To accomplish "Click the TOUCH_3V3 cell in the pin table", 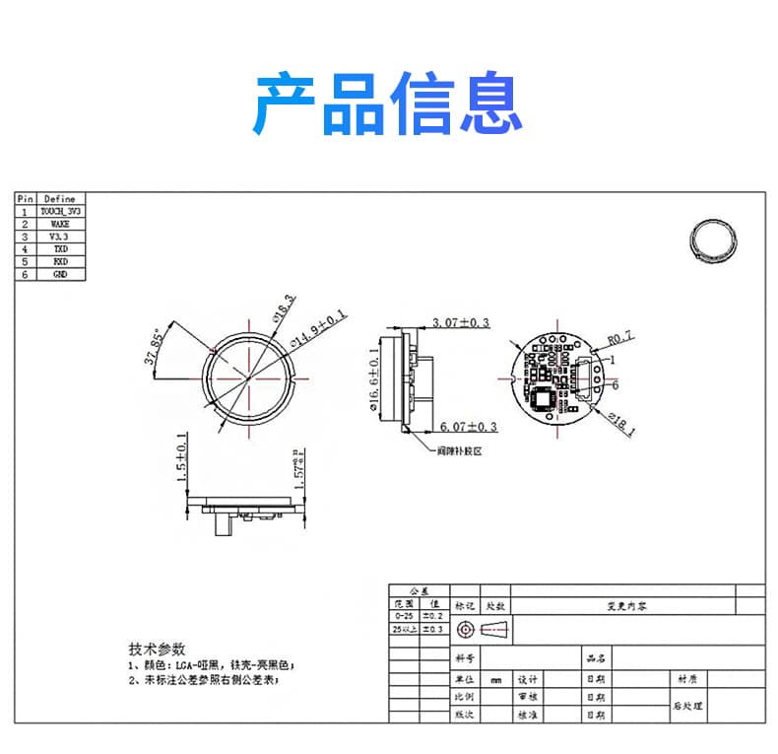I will pyautogui.click(x=60, y=212).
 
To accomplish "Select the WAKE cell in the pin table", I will pyautogui.click(x=60, y=225).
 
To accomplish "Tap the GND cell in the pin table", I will pyautogui.click(x=60, y=274).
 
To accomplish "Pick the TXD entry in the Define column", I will pyautogui.click(x=60, y=249).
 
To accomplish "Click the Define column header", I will pyautogui.click(x=60, y=199).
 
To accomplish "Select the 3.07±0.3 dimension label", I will pyautogui.click(x=461, y=322).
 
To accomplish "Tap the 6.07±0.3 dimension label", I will pyautogui.click(x=468, y=427).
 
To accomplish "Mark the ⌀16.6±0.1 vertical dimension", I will pyautogui.click(x=374, y=377).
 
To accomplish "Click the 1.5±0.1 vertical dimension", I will pyautogui.click(x=181, y=456).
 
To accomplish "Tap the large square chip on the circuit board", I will pyautogui.click(x=544, y=400).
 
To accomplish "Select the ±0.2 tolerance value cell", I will pyautogui.click(x=433, y=615).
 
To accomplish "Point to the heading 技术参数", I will pyautogui.click(x=157, y=649).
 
